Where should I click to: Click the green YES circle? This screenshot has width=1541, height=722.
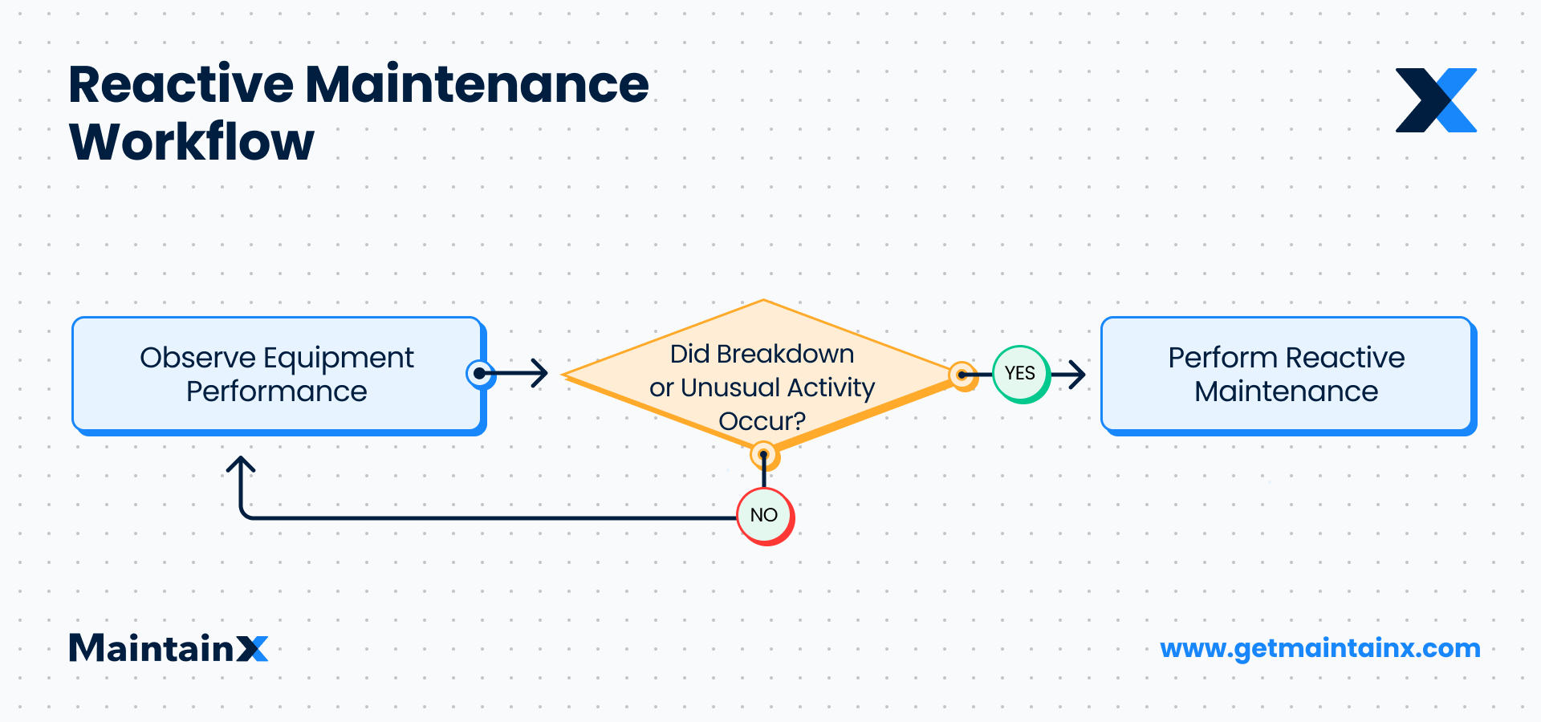(x=1020, y=374)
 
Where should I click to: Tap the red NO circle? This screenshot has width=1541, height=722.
(x=765, y=516)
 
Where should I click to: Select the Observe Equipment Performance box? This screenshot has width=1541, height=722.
(x=278, y=375)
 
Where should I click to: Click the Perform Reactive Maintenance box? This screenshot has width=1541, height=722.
(x=1287, y=375)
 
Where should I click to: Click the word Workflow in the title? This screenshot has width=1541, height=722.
(x=192, y=143)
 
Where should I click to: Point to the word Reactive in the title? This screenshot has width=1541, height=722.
(x=181, y=84)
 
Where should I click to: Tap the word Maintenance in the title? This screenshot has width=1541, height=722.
(x=477, y=84)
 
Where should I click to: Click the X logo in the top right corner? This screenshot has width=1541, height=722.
(x=1436, y=100)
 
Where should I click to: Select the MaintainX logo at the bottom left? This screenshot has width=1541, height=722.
(x=169, y=648)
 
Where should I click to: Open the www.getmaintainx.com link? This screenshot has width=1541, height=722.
(x=1319, y=648)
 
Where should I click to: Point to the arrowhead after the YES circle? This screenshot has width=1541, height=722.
(x=1078, y=374)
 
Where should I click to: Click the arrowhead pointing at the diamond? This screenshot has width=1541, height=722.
(x=540, y=373)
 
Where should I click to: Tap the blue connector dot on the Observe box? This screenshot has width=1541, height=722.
(x=479, y=373)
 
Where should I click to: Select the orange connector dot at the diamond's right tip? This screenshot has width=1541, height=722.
(x=962, y=375)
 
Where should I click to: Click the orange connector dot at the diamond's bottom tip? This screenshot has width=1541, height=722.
(x=763, y=456)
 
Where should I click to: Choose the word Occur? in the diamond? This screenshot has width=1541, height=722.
(x=762, y=421)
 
